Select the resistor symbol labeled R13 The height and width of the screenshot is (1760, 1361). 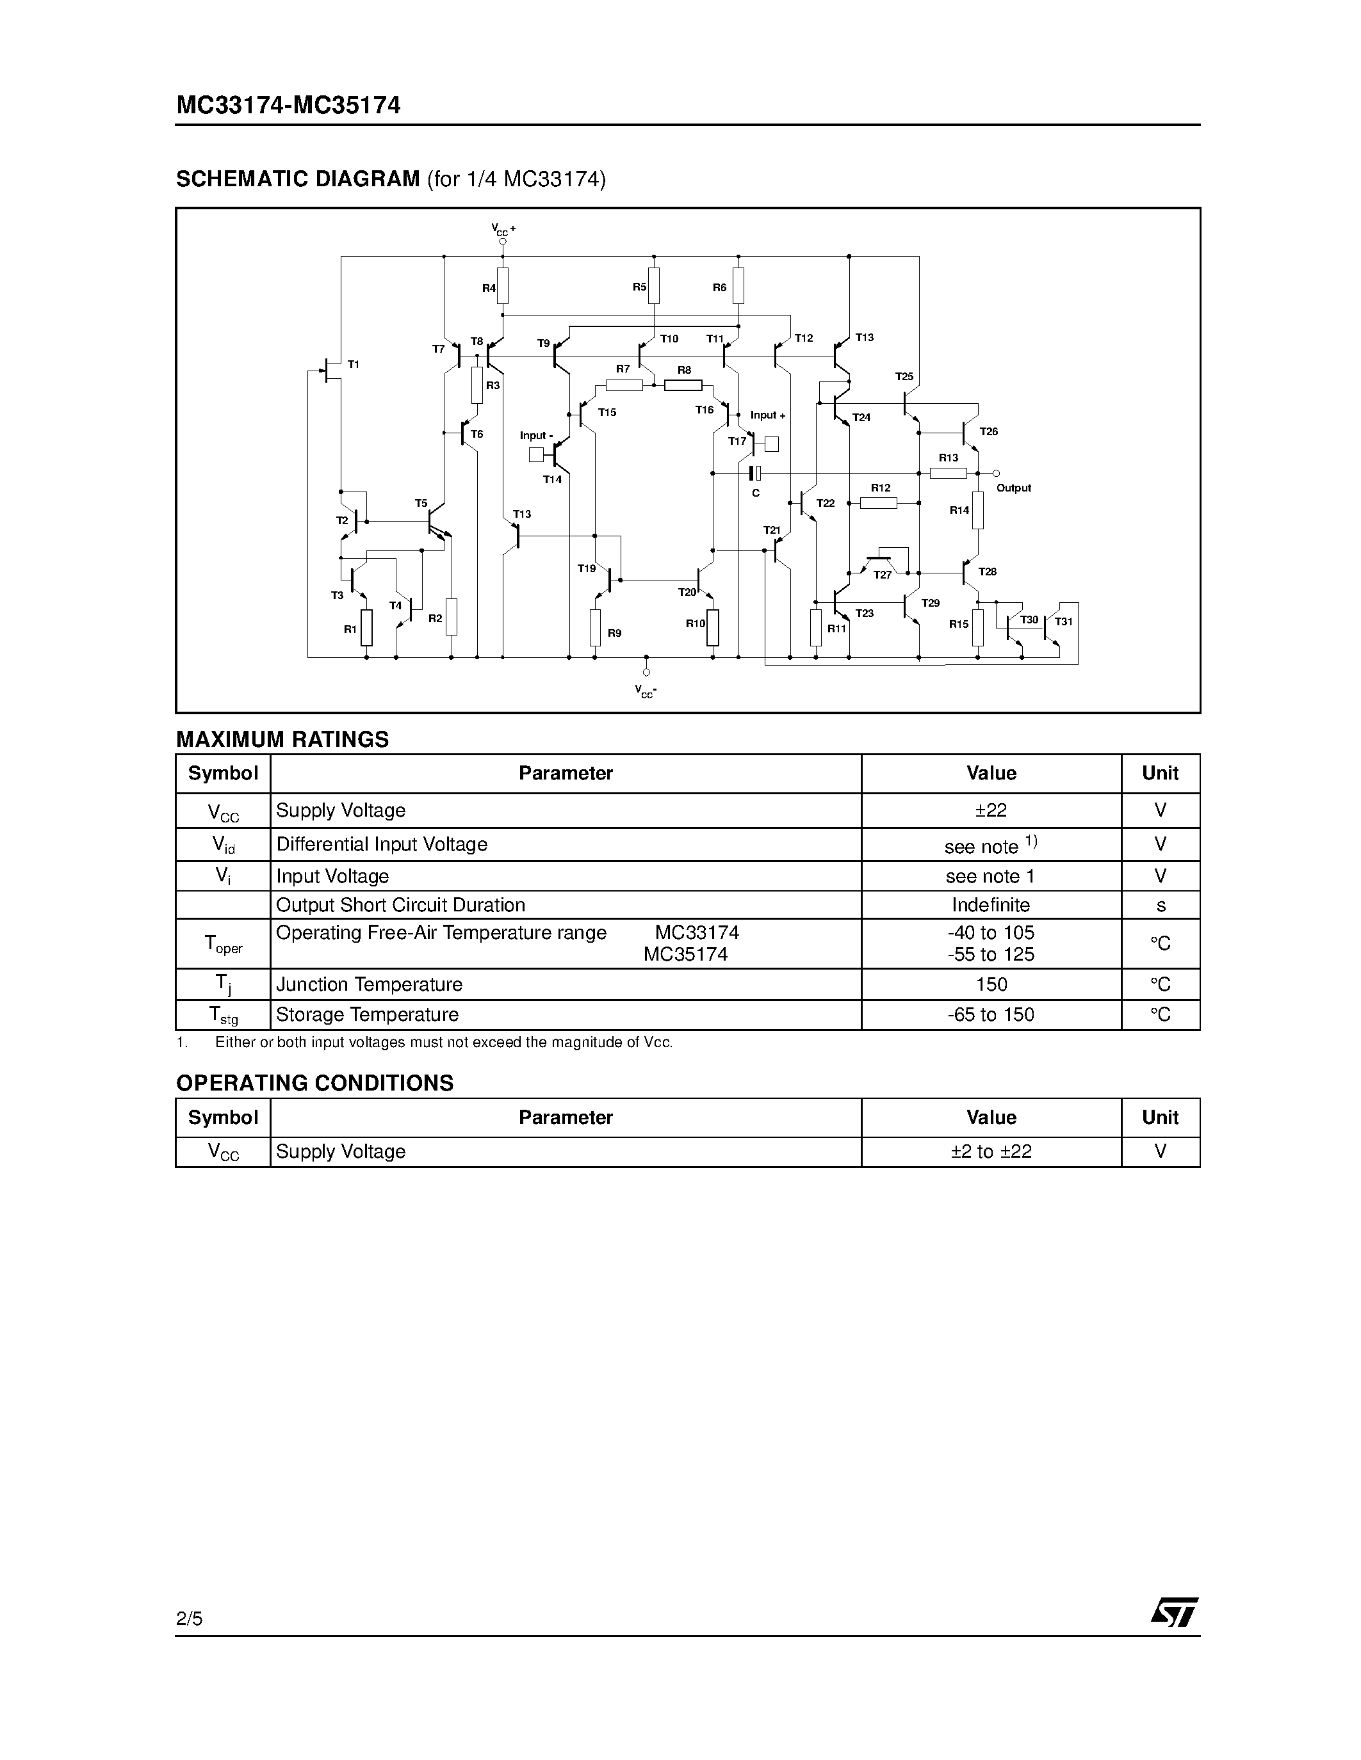[x=948, y=473]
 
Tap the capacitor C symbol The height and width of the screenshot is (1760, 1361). [x=754, y=473]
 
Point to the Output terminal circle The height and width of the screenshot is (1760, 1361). [x=997, y=473]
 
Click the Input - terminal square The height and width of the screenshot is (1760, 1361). [x=536, y=455]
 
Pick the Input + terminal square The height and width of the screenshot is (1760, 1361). [x=772, y=444]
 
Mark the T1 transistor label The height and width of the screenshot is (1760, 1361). [x=353, y=364]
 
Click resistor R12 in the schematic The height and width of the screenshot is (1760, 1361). [x=879, y=503]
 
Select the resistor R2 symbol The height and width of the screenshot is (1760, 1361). [x=452, y=616]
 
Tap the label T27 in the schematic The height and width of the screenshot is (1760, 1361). [x=883, y=575]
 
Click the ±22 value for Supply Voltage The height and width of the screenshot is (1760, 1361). [x=991, y=810]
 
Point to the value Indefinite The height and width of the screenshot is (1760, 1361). [x=991, y=905]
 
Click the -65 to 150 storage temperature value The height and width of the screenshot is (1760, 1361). [x=991, y=1014]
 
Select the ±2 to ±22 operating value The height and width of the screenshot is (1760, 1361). [x=991, y=1151]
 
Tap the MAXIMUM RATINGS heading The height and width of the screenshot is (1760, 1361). [x=282, y=739]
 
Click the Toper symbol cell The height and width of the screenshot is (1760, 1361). [x=224, y=943]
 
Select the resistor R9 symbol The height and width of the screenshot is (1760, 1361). [x=595, y=628]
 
